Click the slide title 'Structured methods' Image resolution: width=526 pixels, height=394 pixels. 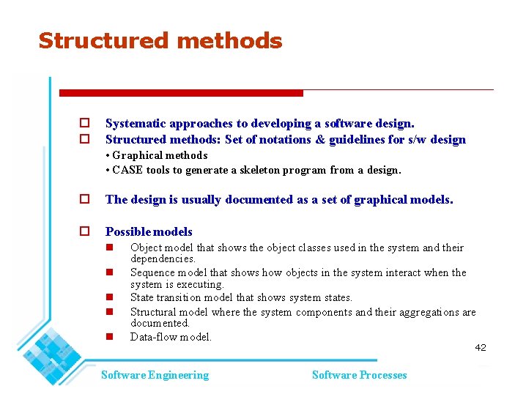(x=160, y=40)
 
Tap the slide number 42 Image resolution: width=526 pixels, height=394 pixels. (x=480, y=347)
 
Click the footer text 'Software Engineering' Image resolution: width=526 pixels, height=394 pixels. (x=155, y=375)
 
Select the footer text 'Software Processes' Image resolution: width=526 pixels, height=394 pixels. (x=359, y=375)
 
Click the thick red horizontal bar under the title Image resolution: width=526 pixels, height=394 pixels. (x=181, y=93)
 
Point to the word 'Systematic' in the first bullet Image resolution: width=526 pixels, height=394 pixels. (x=134, y=124)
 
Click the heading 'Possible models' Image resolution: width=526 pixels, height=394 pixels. (x=149, y=231)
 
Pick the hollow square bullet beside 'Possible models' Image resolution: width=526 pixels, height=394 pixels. (x=84, y=231)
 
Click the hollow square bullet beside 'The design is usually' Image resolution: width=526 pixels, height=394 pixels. (x=84, y=199)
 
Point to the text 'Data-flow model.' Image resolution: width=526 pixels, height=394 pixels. (x=171, y=337)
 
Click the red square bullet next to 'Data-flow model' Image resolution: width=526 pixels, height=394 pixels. (x=108, y=338)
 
